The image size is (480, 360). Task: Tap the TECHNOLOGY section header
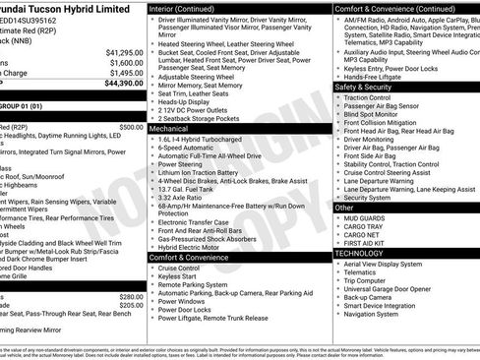click(360, 253)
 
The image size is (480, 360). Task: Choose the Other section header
click(344, 208)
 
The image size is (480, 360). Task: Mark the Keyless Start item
click(179, 276)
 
